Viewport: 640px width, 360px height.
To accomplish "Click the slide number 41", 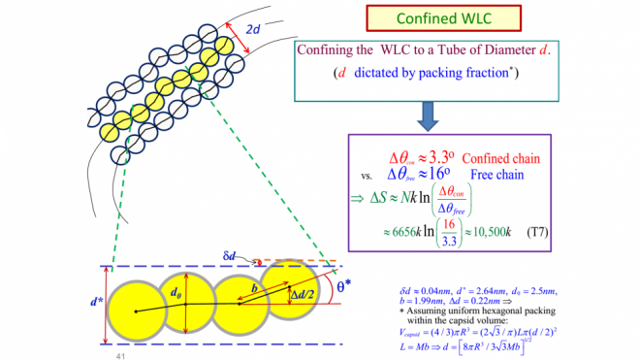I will [x=121, y=355].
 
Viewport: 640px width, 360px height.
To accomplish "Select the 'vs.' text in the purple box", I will [x=367, y=177].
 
